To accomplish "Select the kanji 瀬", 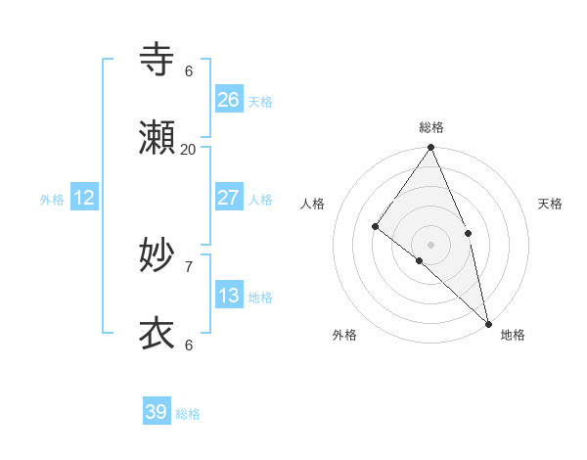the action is point(158,139).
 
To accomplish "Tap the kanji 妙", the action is point(158,256).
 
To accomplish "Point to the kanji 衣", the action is point(158,335).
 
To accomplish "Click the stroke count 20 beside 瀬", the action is point(189,150).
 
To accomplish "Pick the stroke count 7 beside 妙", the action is point(189,266).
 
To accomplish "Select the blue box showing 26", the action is point(229,100).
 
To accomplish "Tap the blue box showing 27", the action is point(229,198).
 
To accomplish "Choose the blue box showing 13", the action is point(229,296).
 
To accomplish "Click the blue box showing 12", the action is point(84,198).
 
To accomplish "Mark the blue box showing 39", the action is point(157,412).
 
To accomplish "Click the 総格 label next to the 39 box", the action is point(188,414).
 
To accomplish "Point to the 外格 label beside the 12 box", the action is point(52,200).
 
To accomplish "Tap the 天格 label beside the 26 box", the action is point(260,102).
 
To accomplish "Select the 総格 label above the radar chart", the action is point(431,127).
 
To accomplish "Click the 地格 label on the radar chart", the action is point(513,335).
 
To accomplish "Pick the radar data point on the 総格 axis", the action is point(431,148).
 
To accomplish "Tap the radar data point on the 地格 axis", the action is point(488,323).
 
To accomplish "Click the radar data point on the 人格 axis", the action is point(375,227).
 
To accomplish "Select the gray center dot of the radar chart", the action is point(431,244).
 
